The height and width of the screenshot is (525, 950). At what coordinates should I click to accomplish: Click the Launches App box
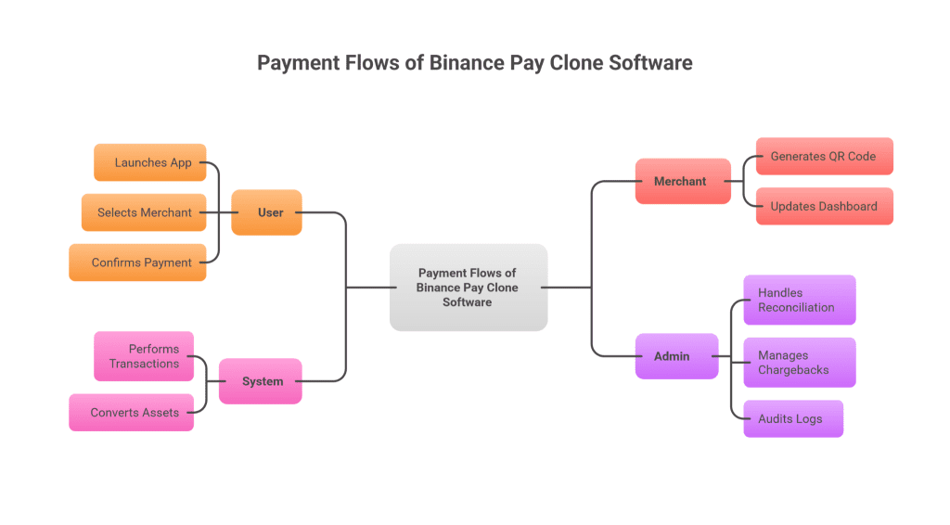(150, 162)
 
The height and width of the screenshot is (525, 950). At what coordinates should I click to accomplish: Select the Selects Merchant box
(144, 212)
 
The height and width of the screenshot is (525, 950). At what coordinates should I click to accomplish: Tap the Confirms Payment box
(137, 262)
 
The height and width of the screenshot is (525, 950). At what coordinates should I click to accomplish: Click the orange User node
(266, 212)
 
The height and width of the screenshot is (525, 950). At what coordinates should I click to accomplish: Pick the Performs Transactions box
(144, 356)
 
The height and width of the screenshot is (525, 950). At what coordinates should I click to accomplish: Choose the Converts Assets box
(132, 413)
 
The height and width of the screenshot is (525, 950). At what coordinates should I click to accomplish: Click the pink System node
(261, 381)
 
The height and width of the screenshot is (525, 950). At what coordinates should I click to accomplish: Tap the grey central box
(469, 288)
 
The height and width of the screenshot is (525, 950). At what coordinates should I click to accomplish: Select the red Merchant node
(683, 181)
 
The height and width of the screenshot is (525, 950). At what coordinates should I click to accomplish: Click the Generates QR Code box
(825, 156)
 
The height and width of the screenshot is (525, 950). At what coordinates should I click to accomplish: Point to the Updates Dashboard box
(825, 207)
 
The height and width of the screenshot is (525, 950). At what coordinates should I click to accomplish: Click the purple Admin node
(676, 356)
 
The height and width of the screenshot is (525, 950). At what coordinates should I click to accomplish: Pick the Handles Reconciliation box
(800, 301)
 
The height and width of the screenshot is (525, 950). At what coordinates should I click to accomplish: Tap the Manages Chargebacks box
(800, 363)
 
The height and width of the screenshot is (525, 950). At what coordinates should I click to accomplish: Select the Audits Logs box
(794, 418)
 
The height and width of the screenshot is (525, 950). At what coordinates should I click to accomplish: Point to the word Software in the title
(650, 63)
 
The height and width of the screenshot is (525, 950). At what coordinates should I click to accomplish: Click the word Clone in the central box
(502, 288)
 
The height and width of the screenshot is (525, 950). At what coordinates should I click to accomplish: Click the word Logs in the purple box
(809, 419)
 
